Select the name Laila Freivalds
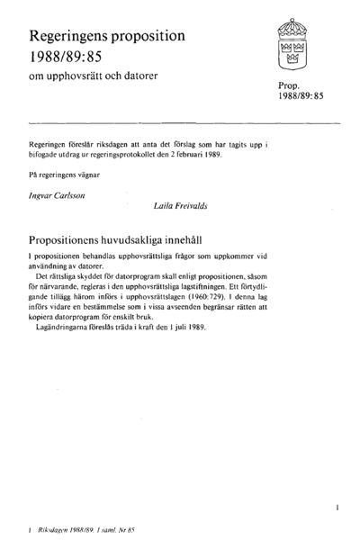click(184, 204)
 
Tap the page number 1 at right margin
click(336, 508)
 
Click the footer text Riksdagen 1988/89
click(73, 532)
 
